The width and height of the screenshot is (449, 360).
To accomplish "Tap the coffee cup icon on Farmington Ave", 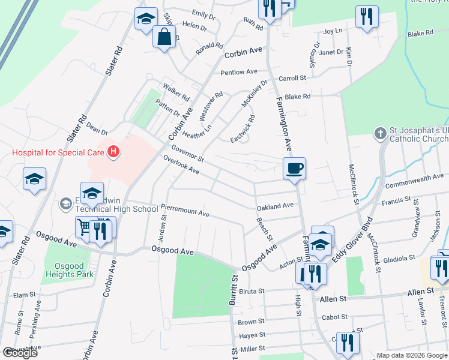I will (x=294, y=168).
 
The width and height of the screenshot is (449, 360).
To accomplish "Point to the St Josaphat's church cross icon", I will (x=379, y=133).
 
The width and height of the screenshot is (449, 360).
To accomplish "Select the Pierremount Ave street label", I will (x=185, y=211).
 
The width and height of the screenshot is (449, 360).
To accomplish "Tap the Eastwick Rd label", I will (x=243, y=129).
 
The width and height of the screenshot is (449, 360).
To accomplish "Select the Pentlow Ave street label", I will (x=238, y=72).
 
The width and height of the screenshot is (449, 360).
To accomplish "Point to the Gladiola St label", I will (x=399, y=258).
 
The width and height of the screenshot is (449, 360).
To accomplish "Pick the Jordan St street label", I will (x=163, y=228).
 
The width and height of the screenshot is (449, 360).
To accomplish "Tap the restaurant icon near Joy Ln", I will (x=366, y=17).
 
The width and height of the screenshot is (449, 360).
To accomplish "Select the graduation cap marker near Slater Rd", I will (x=34, y=179).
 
